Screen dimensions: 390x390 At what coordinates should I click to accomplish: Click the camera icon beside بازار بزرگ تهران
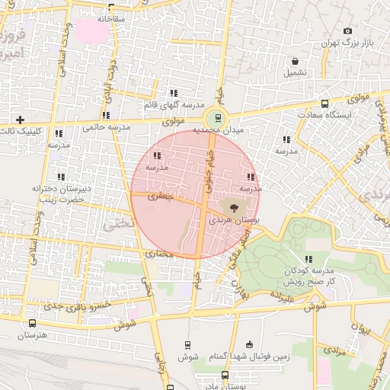[x=348, y=30]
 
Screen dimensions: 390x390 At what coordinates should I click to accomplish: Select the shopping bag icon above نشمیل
[x=295, y=61]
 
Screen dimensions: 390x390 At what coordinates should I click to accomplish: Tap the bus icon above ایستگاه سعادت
[x=325, y=104]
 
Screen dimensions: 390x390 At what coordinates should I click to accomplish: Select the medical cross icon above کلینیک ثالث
[x=20, y=120]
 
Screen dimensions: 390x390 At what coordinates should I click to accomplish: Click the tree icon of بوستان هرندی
[x=233, y=206]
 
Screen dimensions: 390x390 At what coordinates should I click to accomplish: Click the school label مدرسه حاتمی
[x=102, y=128]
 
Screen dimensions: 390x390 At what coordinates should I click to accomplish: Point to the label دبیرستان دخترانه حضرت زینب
[x=61, y=193]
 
